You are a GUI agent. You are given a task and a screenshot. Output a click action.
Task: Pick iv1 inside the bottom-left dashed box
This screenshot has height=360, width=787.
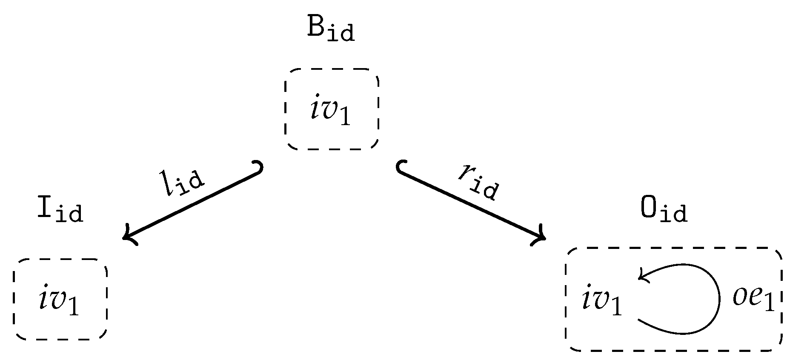click(59, 302)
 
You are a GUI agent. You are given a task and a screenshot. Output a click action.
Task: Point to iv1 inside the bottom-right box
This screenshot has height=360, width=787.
click(602, 302)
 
